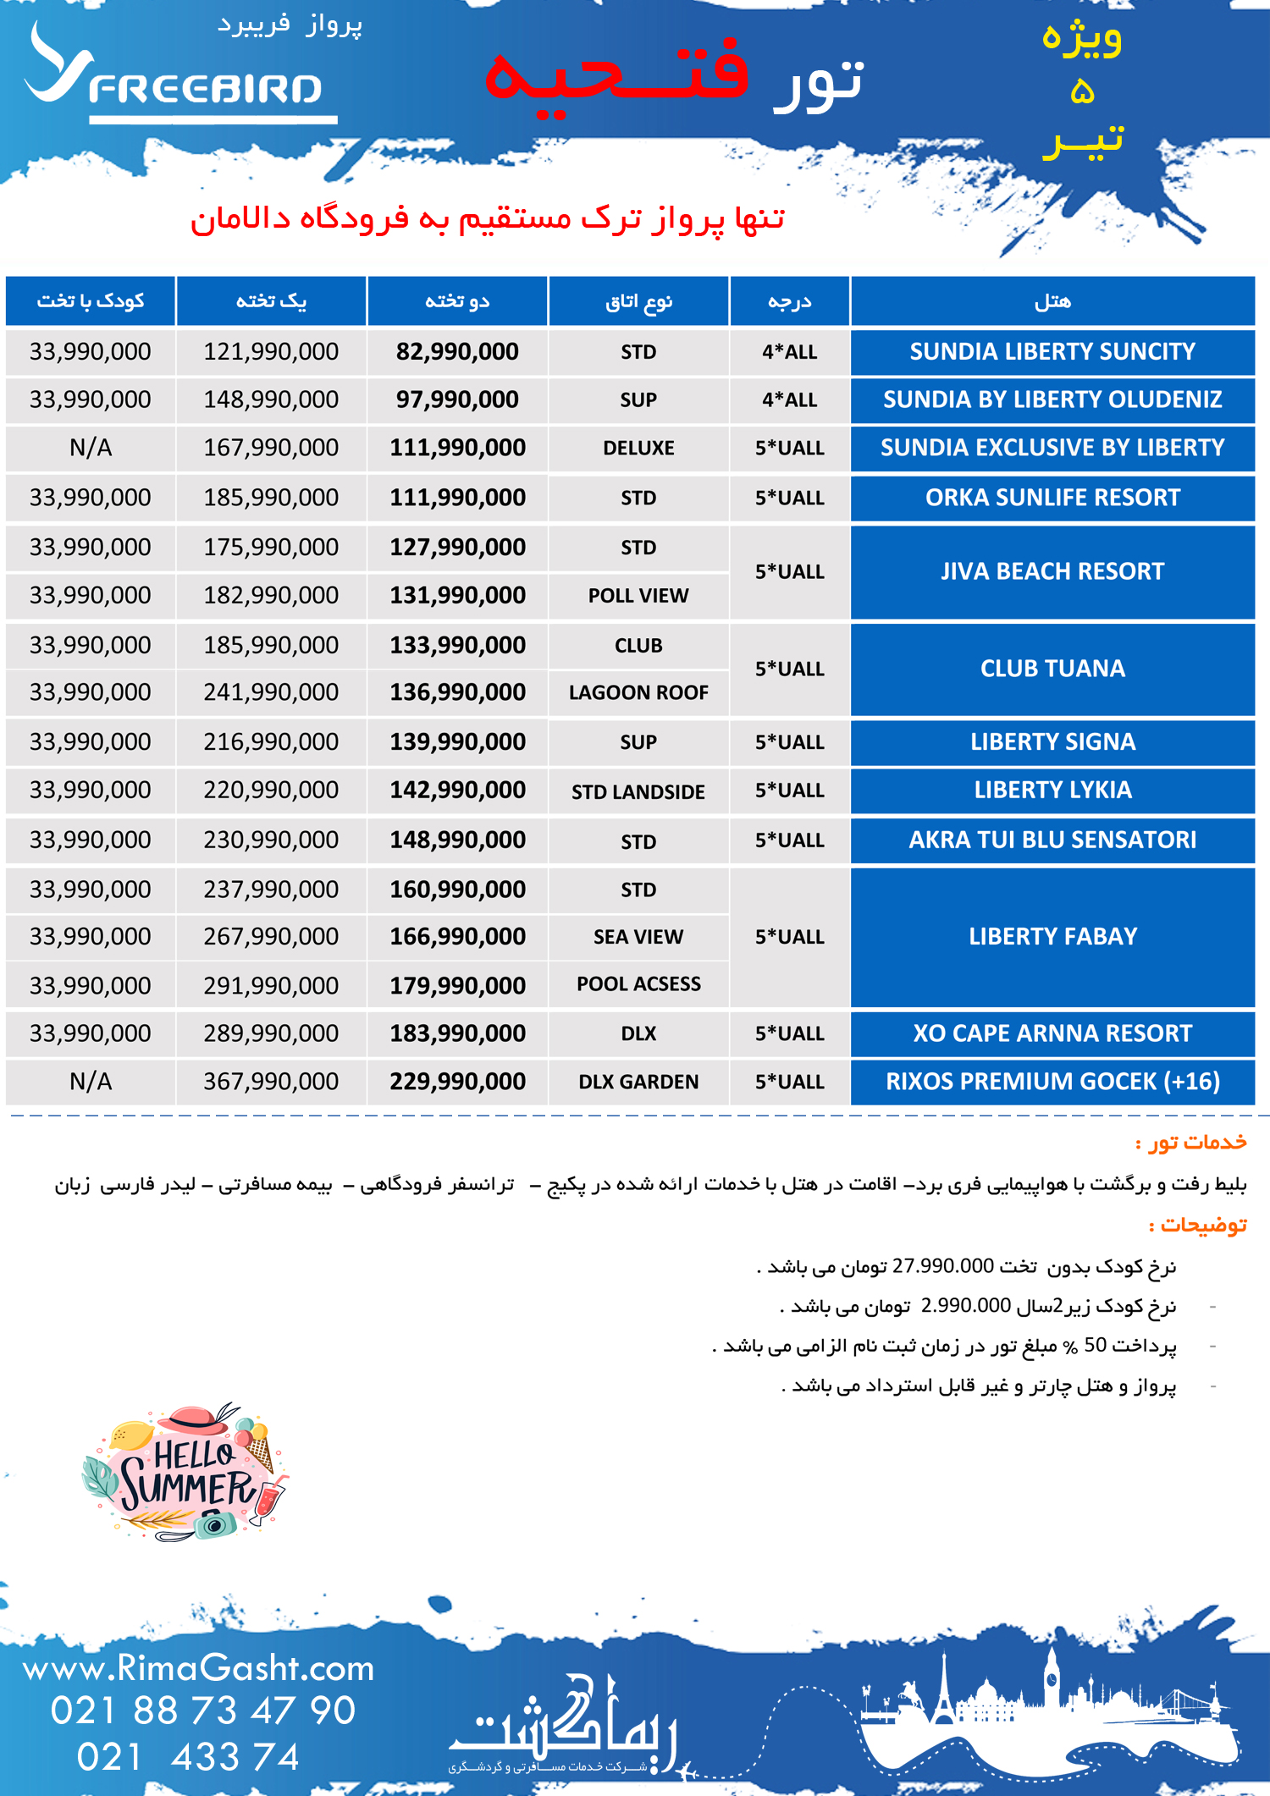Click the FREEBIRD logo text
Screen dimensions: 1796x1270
pos(205,89)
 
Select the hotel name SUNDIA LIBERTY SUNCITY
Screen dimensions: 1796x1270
pos(1052,352)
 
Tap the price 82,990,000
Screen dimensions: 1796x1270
pos(457,352)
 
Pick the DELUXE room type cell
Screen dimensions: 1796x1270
pos(638,448)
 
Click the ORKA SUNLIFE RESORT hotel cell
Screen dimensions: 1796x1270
pos(1052,498)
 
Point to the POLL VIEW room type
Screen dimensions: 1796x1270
pos(638,596)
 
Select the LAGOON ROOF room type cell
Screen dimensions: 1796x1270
pos(638,692)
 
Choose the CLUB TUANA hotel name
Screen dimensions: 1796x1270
pos(1052,669)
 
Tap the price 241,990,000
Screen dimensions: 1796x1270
pos(271,692)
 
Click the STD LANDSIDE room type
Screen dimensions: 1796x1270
pos(638,791)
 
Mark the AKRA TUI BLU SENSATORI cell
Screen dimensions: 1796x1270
pos(1052,840)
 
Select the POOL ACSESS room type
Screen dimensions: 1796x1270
pos(638,983)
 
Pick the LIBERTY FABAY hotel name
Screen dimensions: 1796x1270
pos(1052,936)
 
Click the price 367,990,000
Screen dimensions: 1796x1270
pos(271,1081)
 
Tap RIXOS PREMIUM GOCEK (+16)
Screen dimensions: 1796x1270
pos(1052,1081)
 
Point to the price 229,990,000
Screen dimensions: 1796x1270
pos(457,1081)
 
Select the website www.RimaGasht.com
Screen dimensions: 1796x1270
pos(198,1667)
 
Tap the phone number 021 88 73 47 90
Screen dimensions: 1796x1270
pos(203,1710)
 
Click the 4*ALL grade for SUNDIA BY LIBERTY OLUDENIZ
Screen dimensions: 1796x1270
pos(789,399)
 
